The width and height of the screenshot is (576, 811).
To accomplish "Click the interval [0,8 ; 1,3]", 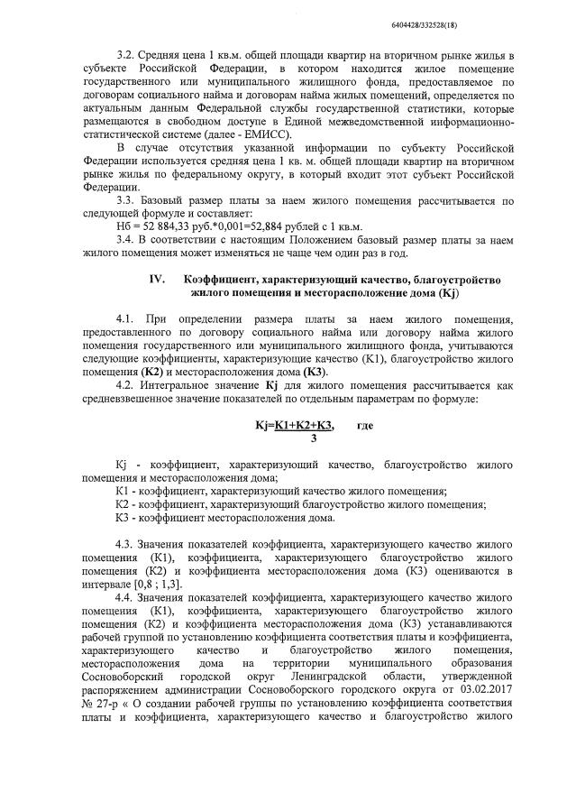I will tap(154, 583).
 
